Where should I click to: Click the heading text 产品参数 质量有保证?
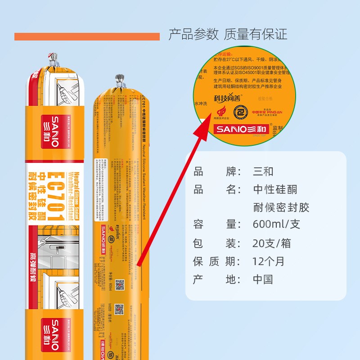(x=228, y=34)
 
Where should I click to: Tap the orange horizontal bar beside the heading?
(x=87, y=36)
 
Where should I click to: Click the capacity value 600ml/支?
(x=276, y=224)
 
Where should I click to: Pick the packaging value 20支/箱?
(x=272, y=243)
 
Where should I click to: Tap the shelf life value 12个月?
(x=269, y=261)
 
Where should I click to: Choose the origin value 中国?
(x=263, y=279)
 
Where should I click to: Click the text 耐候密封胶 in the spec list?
(x=281, y=207)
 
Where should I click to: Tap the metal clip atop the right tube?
(x=119, y=80)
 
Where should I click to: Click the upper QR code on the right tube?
(x=119, y=284)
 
